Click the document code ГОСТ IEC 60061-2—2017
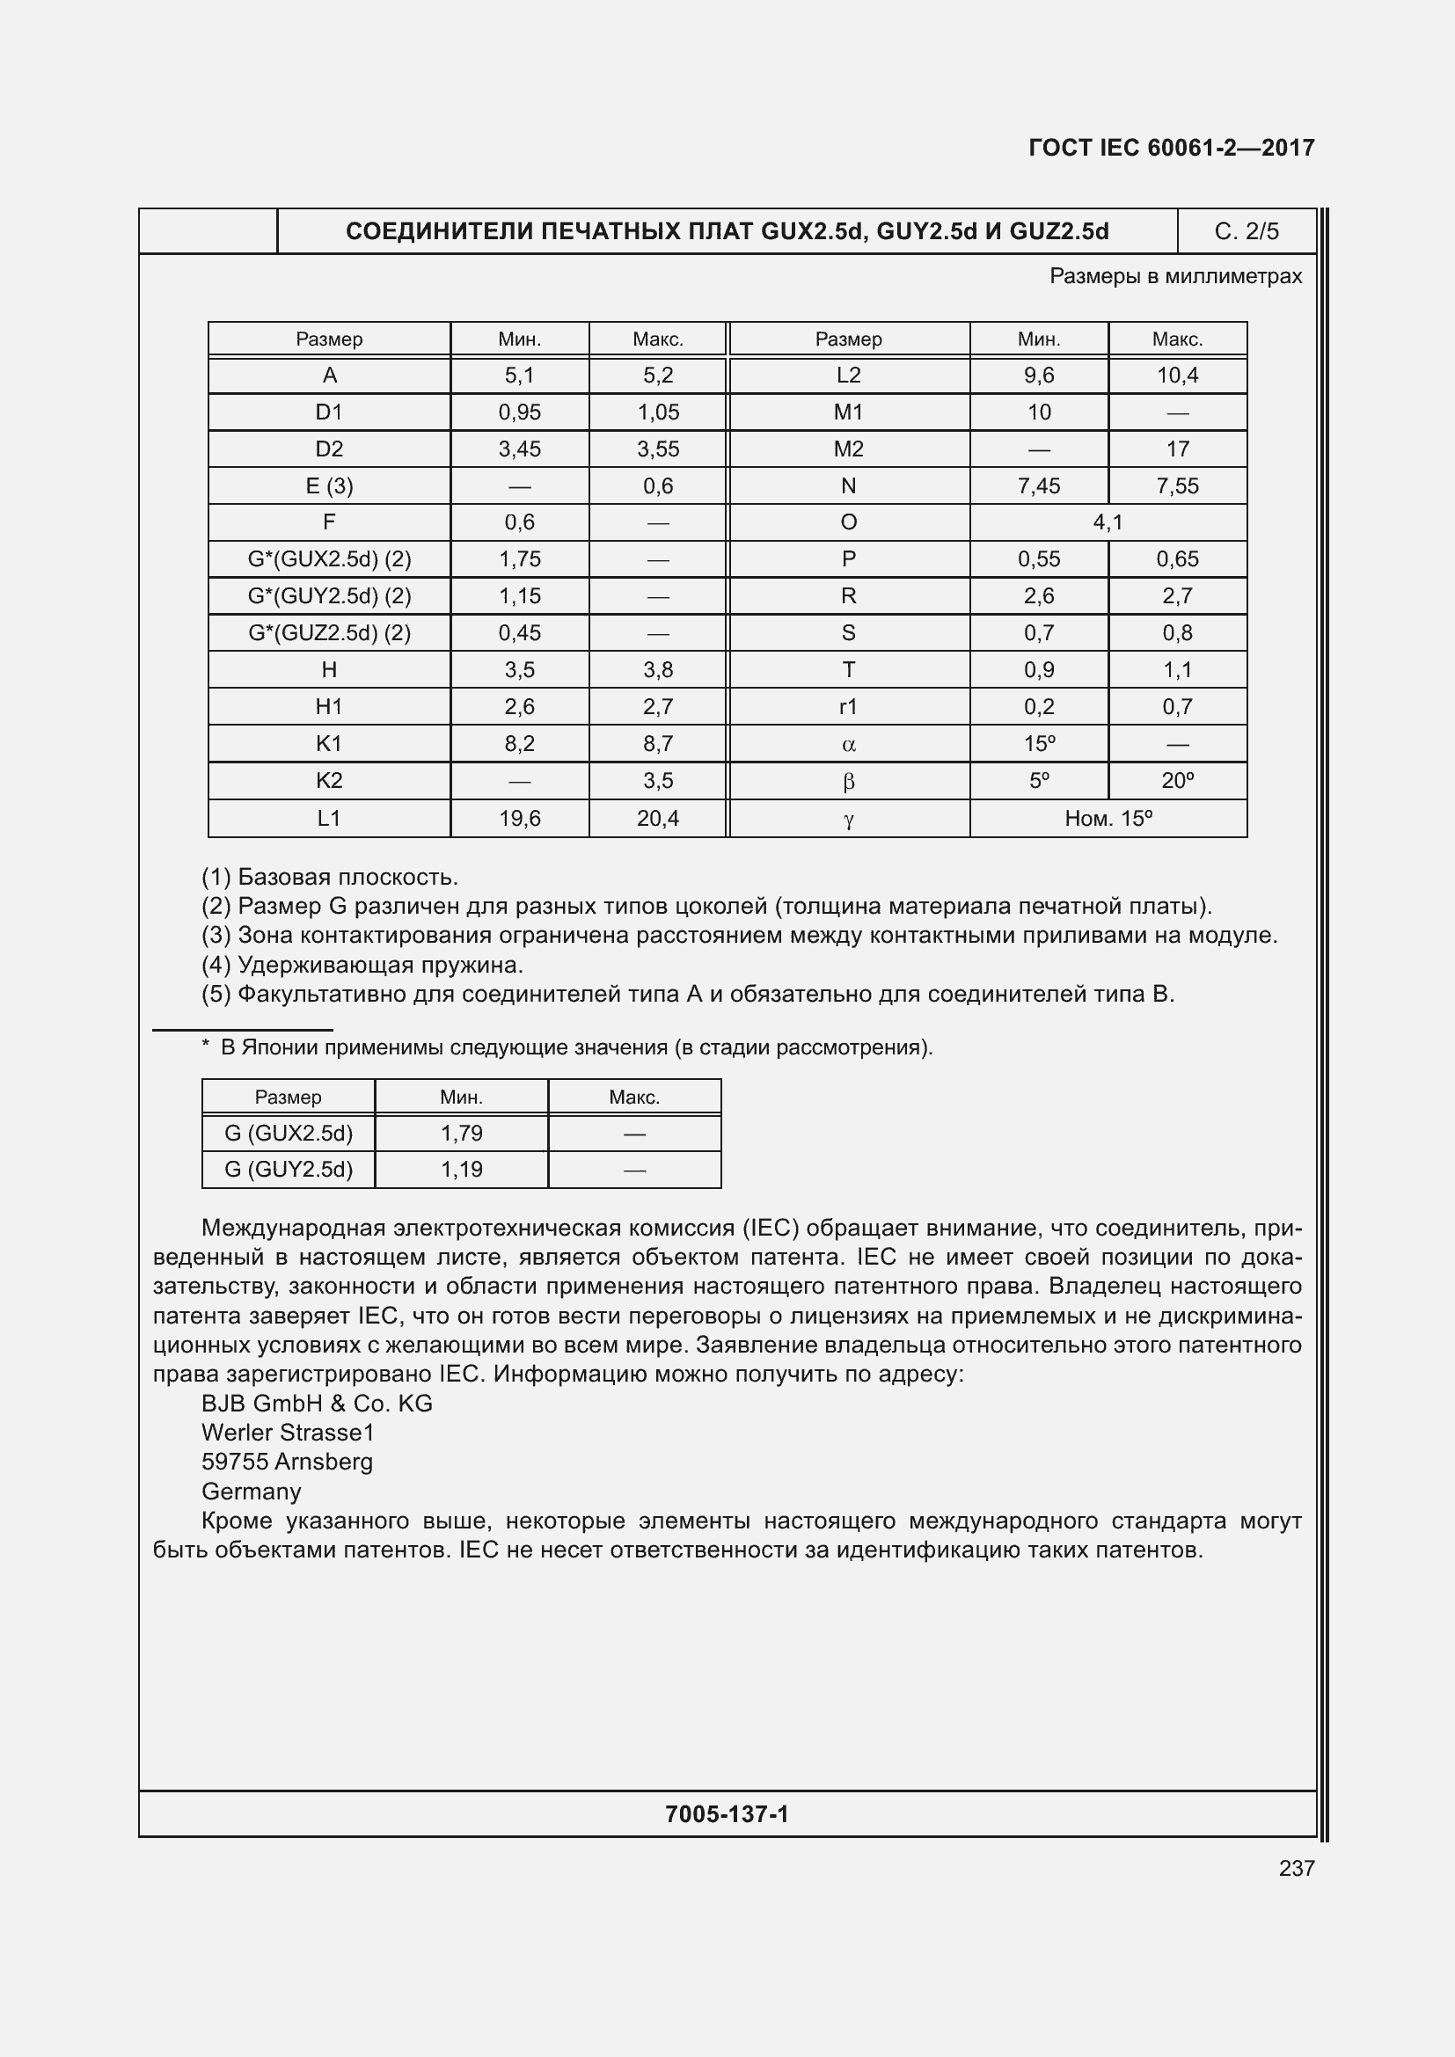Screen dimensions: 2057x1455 click(1171, 148)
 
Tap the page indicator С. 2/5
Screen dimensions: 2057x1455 click(1247, 231)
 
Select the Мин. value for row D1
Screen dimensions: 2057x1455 click(520, 412)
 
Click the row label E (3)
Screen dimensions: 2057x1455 click(329, 485)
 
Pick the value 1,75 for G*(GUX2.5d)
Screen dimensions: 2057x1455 click(520, 559)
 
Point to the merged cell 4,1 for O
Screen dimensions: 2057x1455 click(1108, 522)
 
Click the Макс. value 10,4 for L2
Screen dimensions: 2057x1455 click(1176, 376)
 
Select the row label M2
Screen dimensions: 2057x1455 click(847, 449)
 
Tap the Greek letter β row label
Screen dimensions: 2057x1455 click(847, 781)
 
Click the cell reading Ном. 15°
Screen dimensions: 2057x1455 click(1108, 818)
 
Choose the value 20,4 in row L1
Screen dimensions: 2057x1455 click(658, 818)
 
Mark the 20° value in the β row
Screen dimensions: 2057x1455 click(1176, 780)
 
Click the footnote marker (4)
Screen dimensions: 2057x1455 click(216, 965)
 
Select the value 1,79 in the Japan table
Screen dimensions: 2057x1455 click(462, 1134)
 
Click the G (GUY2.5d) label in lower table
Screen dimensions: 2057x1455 click(289, 1169)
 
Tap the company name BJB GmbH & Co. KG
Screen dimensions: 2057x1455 click(317, 1403)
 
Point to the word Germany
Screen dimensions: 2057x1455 click(251, 1491)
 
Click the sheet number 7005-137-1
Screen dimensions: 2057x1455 click(727, 1814)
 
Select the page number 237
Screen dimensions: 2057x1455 click(1296, 1868)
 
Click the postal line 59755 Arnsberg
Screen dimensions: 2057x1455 click(287, 1462)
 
